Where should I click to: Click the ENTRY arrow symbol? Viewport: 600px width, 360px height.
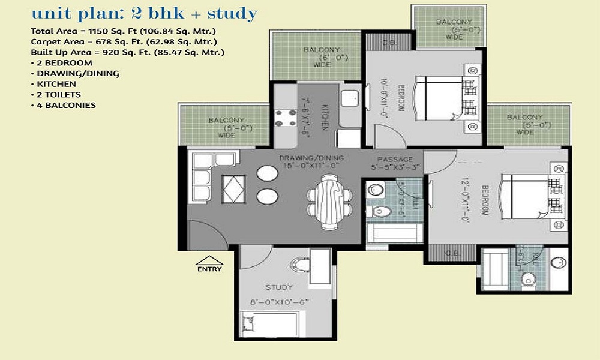(209, 261)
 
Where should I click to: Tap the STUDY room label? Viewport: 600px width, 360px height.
(279, 287)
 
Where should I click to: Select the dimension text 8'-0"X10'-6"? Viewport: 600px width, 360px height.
(279, 302)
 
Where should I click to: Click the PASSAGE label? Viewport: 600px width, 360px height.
(394, 159)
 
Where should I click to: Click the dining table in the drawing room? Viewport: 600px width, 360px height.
(329, 201)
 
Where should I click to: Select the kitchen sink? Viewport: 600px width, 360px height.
(349, 98)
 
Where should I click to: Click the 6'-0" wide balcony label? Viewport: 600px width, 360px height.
(322, 57)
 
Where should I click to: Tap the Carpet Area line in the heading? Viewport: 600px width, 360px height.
(124, 42)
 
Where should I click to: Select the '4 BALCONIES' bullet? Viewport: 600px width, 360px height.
(66, 106)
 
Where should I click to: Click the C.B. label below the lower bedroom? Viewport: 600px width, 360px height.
(454, 253)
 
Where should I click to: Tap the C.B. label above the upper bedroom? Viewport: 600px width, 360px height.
(388, 43)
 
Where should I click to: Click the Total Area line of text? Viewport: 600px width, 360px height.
(124, 31)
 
